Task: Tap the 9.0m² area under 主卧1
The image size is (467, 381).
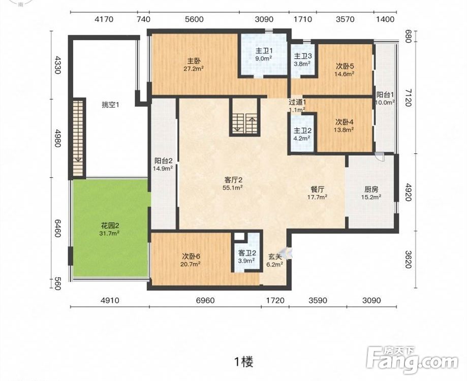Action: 263,58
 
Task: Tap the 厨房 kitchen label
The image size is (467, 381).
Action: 371,189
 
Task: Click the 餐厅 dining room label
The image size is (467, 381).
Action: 317,189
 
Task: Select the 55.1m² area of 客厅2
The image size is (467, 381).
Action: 232,187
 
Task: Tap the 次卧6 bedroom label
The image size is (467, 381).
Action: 191,256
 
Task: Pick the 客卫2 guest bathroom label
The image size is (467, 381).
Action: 247,253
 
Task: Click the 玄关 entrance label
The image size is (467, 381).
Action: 274,256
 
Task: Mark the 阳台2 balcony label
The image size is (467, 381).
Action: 163,161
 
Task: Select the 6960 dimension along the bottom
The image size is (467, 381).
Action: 205,301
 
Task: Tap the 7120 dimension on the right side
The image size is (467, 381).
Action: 409,98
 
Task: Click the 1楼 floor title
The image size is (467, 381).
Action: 243,362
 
